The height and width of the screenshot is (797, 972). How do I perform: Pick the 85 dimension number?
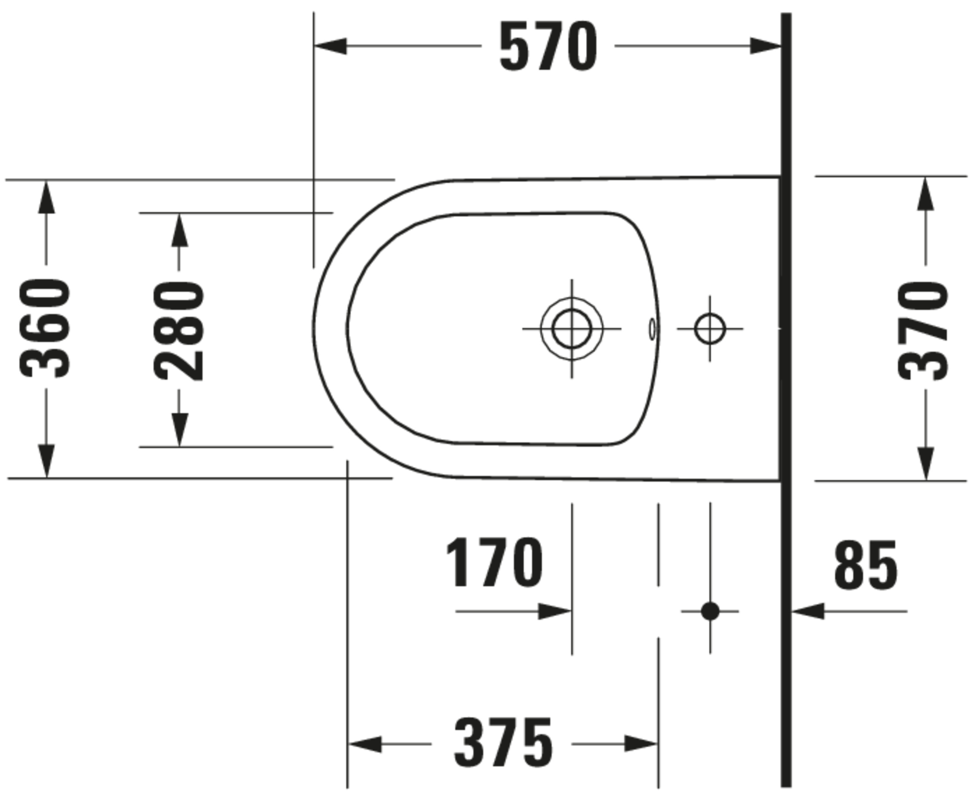point(865,565)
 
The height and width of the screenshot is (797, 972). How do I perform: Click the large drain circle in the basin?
point(572,329)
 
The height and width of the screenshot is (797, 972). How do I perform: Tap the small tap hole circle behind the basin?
point(710,329)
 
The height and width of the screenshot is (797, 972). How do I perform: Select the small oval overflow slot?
point(652,329)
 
